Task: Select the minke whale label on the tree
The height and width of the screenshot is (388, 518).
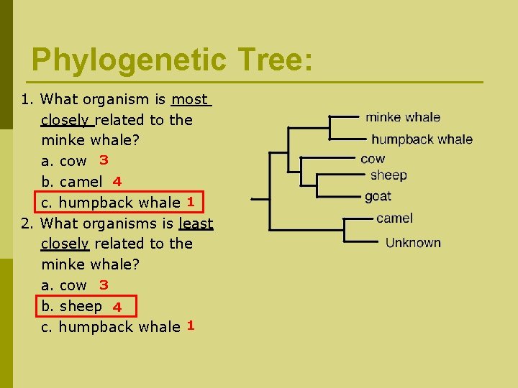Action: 403,117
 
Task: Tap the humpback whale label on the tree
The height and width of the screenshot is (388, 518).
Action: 422,139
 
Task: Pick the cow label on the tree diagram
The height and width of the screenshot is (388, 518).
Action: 373,159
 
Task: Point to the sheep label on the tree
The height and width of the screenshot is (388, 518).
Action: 388,175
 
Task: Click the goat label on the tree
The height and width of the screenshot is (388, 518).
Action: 378,196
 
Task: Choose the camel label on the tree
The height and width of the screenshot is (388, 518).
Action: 394,218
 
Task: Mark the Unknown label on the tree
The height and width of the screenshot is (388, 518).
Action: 413,243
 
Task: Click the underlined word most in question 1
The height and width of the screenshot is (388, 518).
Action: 191,99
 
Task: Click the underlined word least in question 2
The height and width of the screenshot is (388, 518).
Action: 196,223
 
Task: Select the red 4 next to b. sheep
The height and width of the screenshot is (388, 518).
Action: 117,308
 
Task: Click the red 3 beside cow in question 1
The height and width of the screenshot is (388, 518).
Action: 104,160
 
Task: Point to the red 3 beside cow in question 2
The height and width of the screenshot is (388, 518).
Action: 104,285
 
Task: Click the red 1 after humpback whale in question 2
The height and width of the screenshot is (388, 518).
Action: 191,325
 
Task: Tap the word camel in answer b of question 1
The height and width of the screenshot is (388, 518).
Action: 81,182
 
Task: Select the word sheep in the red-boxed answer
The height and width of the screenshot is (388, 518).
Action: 81,307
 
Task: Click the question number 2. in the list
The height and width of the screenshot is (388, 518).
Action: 27,223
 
